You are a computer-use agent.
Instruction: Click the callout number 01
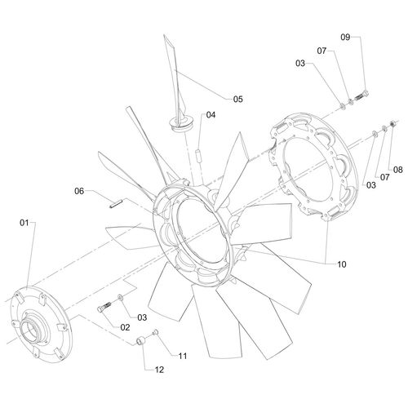(x=24, y=222)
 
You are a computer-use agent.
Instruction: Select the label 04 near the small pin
(x=211, y=115)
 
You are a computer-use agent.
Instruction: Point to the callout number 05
(x=237, y=99)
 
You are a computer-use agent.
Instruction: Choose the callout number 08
(x=398, y=170)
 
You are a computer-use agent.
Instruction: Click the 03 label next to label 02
(x=143, y=317)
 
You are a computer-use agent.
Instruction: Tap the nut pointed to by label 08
(x=392, y=122)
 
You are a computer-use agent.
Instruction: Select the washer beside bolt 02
(x=121, y=300)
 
